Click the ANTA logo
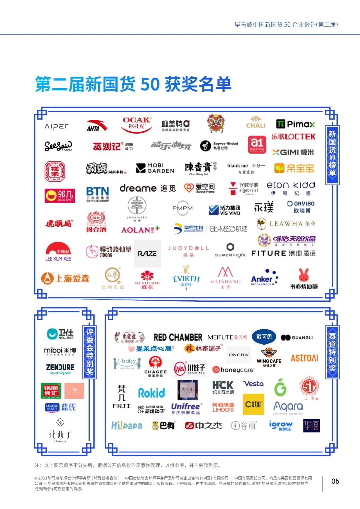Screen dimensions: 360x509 tap(96, 126)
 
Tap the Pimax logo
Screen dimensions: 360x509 tap(295, 124)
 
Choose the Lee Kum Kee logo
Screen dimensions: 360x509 tap(58, 252)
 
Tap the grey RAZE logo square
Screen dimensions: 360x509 tap(147, 254)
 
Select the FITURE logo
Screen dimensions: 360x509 tap(283, 253)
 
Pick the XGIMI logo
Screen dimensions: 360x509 tap(293, 152)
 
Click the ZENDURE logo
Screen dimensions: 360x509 tap(60, 368)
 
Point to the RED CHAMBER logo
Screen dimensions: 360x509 tap(178, 337)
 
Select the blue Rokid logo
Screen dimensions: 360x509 tap(152, 393)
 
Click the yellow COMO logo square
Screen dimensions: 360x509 tap(253, 404)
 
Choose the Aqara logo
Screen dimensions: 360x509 tap(288, 407)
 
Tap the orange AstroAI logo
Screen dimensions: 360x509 tap(304, 358)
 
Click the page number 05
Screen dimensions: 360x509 tap(335, 481)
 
